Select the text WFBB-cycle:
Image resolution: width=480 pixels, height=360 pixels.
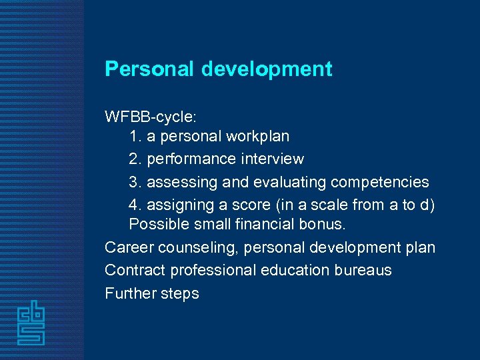tap(150, 117)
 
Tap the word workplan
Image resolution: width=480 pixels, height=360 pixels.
tap(257, 137)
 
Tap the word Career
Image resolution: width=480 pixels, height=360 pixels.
tap(127, 248)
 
